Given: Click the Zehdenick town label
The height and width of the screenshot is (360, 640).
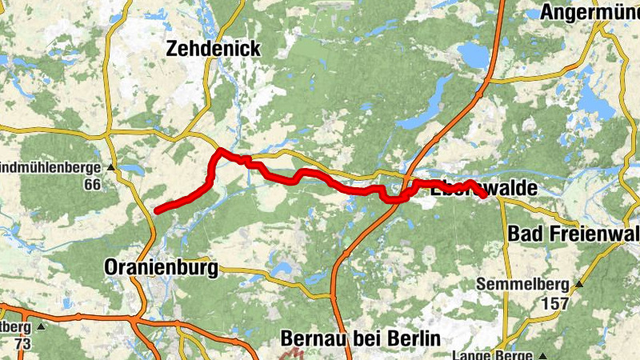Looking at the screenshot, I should click(213, 49).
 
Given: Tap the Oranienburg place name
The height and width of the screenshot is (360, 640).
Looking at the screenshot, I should click(161, 269).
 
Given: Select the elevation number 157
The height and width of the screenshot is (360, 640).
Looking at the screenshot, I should click(554, 303).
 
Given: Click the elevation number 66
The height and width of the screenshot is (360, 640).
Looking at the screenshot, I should click(93, 185).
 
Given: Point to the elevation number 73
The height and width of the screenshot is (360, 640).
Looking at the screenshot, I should click(22, 344).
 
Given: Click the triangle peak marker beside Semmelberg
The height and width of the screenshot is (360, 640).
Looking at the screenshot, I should click(580, 284).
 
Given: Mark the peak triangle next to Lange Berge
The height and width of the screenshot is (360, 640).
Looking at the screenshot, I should click(543, 355).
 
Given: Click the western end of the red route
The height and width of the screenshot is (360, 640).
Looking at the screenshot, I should click(157, 211).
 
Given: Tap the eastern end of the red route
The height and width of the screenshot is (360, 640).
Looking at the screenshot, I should click(483, 195).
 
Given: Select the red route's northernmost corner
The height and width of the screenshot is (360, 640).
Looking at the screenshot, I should click(220, 150).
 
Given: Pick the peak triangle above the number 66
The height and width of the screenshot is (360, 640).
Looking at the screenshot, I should click(111, 168).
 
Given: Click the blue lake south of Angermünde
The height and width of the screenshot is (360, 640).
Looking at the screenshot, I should click(478, 56).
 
